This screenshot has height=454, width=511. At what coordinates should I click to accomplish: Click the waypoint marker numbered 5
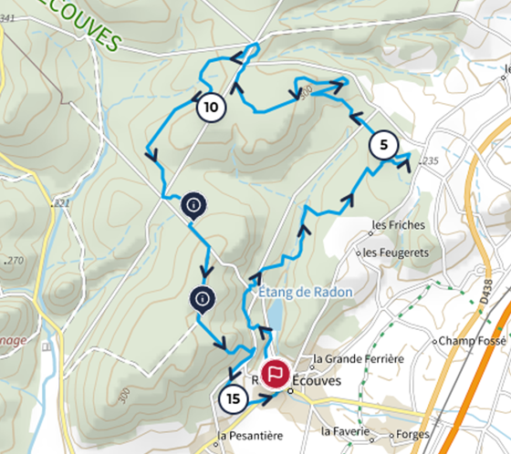tap(383, 145)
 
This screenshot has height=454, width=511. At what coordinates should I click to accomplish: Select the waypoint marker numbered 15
tap(234, 398)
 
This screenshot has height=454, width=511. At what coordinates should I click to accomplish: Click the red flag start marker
tap(275, 373)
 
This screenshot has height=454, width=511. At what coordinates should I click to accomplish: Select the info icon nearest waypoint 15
tap(203, 297)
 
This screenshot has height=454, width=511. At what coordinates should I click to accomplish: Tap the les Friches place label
tap(392, 223)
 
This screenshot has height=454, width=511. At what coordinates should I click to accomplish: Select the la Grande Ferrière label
tap(358, 359)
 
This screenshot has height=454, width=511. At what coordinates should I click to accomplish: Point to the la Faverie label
tap(346, 430)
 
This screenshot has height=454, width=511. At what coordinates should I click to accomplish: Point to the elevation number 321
tap(62, 202)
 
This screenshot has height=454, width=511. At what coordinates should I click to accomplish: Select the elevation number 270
tap(16, 261)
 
